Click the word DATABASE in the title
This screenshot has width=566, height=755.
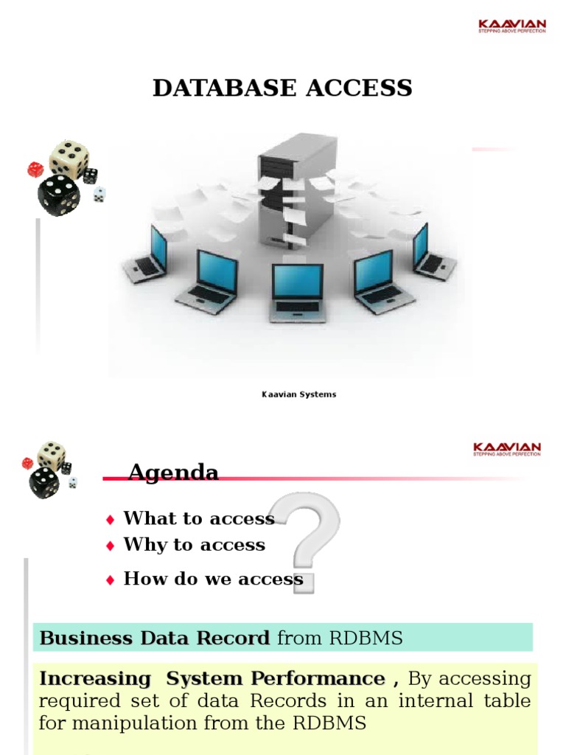click(x=214, y=88)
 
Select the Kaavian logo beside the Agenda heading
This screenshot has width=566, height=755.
click(x=506, y=449)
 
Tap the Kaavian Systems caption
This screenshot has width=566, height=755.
click(x=298, y=394)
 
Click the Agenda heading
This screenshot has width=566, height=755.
click(x=173, y=473)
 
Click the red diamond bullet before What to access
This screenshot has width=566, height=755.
click(x=111, y=520)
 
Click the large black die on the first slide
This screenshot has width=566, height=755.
click(x=59, y=194)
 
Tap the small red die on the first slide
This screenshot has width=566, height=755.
click(x=35, y=170)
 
